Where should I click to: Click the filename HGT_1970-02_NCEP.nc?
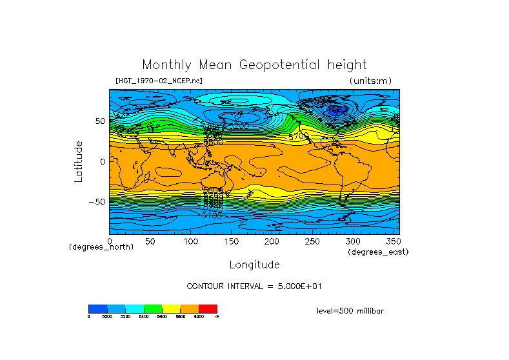pyautogui.click(x=158, y=81)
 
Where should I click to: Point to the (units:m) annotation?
pyautogui.click(x=370, y=81)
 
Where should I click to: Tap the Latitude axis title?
pyautogui.click(x=79, y=161)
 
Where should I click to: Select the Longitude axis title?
pyautogui.click(x=254, y=265)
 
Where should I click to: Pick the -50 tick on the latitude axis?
pyautogui.click(x=97, y=201)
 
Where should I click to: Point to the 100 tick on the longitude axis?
pyautogui.click(x=191, y=241)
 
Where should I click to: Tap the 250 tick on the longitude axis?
pyautogui.click(x=312, y=241)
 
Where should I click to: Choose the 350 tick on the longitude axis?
pyautogui.click(x=393, y=241)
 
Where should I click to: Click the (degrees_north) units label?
pyautogui.click(x=101, y=247)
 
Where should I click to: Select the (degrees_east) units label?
pyautogui.click(x=378, y=252)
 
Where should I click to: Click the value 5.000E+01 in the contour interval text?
pyautogui.click(x=296, y=286)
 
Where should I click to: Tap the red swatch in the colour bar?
pyautogui.click(x=208, y=308)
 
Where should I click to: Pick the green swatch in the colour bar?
pyautogui.click(x=153, y=308)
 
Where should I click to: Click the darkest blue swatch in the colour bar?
pyautogui.click(x=97, y=308)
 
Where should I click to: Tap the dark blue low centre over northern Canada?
pyautogui.click(x=335, y=110)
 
